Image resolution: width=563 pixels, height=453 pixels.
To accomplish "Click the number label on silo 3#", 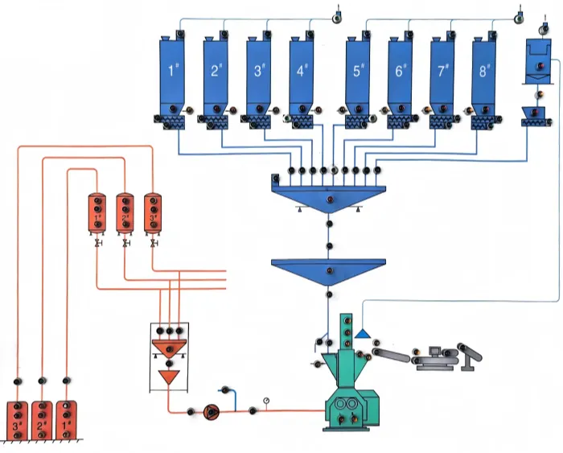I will [x=259, y=71].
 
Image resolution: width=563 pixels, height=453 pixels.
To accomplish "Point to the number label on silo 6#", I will [x=401, y=71].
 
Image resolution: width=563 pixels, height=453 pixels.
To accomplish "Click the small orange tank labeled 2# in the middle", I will [x=125, y=212].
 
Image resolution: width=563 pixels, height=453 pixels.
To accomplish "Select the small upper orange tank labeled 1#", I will [x=98, y=212].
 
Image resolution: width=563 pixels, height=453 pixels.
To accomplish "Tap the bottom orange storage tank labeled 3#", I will [x=17, y=419].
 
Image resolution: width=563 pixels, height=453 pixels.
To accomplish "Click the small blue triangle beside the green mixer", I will [x=364, y=332].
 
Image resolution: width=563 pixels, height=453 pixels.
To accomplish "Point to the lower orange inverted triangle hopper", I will [x=169, y=377].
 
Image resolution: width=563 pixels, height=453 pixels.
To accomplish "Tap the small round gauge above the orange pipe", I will [x=266, y=401].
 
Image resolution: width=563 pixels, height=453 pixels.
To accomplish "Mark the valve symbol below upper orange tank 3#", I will [x=151, y=243].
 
